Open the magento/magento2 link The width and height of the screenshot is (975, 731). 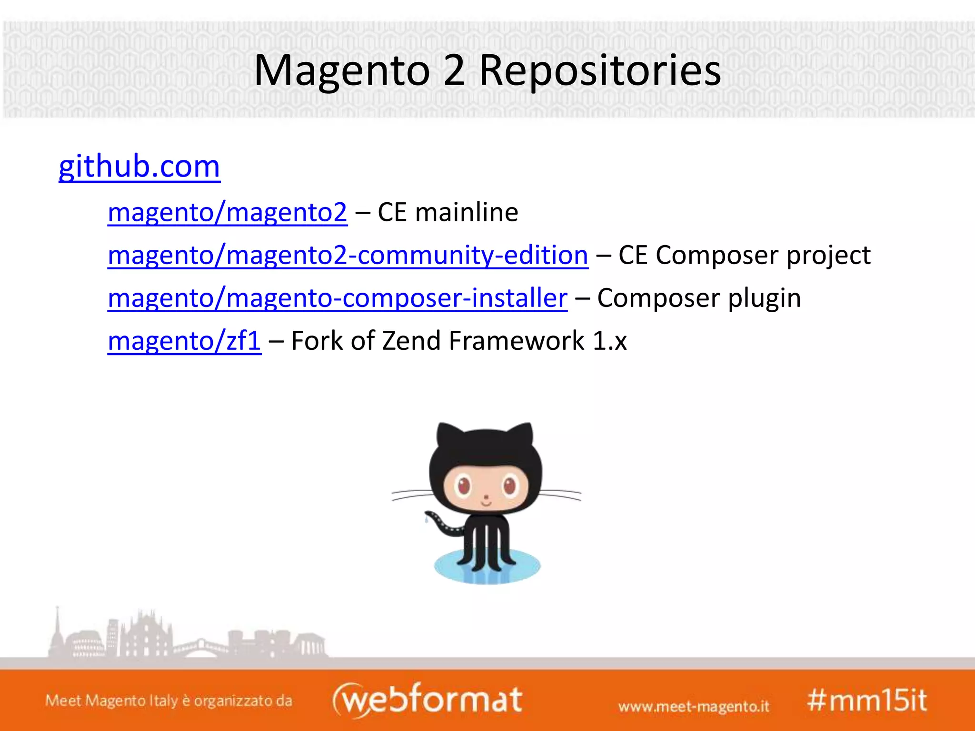[228, 212]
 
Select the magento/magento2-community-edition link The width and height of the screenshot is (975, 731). [348, 255]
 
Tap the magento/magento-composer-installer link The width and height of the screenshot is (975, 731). [338, 298]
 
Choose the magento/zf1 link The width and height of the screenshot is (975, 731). [184, 341]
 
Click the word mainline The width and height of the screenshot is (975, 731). [467, 212]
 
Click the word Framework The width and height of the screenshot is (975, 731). [517, 341]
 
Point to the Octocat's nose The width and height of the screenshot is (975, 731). [486, 498]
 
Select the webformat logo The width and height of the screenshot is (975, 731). [428, 699]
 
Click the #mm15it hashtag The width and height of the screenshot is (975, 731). [867, 700]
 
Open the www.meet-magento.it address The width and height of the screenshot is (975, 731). [694, 706]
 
